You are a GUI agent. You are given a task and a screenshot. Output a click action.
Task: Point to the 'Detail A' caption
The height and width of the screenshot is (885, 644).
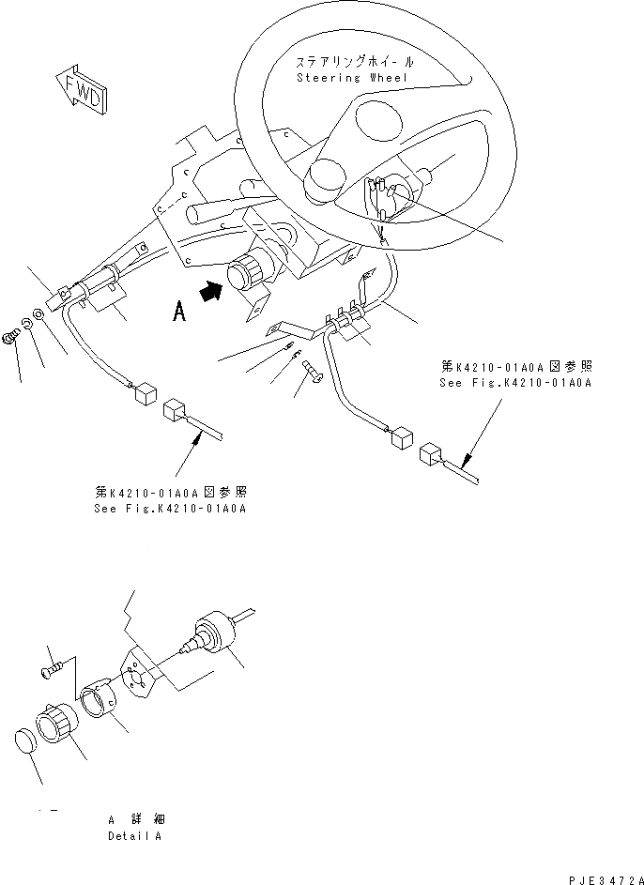(x=134, y=835)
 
